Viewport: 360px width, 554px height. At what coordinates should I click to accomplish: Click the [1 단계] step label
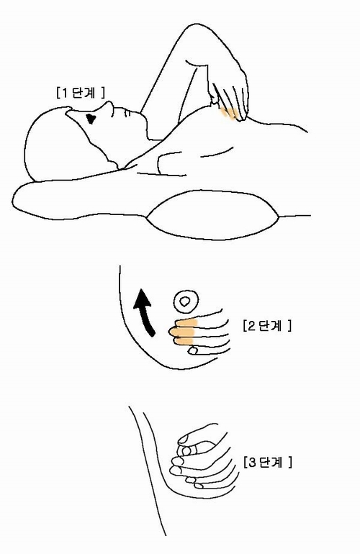click(x=81, y=93)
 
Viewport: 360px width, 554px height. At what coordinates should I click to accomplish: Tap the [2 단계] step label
click(x=267, y=325)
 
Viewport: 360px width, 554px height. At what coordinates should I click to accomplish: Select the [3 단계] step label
click(x=268, y=462)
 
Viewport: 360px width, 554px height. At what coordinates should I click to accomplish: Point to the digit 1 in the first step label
click(x=64, y=94)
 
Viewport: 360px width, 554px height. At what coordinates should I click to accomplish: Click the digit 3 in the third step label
click(x=252, y=462)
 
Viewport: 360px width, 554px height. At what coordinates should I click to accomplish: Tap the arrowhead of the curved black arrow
click(x=142, y=296)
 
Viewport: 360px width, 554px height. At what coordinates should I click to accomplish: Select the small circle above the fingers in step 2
click(x=186, y=301)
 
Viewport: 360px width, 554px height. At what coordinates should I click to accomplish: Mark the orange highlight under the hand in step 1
click(x=228, y=114)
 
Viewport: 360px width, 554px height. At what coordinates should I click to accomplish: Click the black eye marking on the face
click(x=91, y=119)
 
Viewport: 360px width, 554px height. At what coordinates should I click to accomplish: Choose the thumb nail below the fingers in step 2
click(x=193, y=350)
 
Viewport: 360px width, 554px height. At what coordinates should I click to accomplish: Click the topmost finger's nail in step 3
click(x=184, y=439)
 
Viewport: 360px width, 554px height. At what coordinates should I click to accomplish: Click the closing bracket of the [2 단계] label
click(x=289, y=325)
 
